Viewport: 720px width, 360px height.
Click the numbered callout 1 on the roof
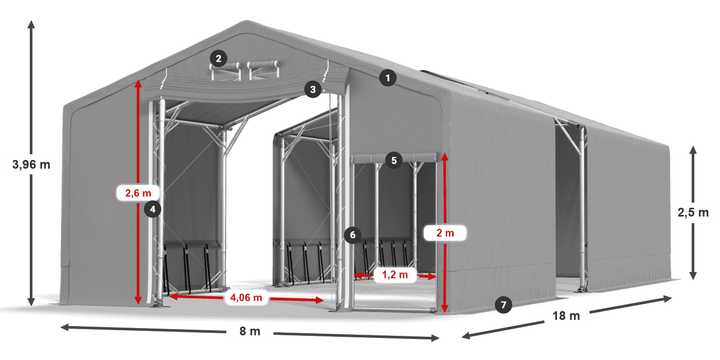click(388, 78)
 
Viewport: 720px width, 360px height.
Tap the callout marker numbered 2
click(219, 59)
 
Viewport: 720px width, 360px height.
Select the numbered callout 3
click(313, 89)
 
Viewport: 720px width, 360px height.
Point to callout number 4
click(153, 209)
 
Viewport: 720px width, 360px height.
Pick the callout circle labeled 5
click(393, 160)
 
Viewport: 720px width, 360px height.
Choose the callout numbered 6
click(352, 235)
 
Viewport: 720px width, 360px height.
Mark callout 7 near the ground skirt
click(503, 305)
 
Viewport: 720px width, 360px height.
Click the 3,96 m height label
click(31, 165)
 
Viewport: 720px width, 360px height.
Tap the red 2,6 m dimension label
click(138, 193)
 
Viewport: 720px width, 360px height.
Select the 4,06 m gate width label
click(246, 297)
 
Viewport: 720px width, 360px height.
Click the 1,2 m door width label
click(394, 275)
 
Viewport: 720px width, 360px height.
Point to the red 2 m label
click(445, 233)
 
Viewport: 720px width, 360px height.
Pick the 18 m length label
click(566, 316)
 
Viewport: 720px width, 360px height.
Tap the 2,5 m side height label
click(693, 212)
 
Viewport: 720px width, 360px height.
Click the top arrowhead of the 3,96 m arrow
click(31, 23)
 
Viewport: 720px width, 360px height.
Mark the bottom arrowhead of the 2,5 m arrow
click(693, 278)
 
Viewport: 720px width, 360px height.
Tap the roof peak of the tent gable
click(248, 22)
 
